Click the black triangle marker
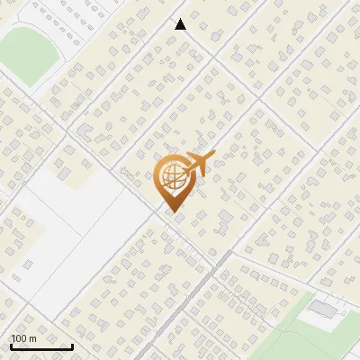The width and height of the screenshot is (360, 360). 180,24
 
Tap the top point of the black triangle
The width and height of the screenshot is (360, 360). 180,19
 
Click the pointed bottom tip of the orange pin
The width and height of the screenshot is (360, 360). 172,212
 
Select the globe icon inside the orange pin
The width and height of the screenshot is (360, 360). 172,177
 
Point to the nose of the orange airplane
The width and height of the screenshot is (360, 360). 212,156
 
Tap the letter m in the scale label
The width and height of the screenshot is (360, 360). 32,338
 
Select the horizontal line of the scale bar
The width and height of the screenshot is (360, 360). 40,346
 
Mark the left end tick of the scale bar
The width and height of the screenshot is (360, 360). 10,345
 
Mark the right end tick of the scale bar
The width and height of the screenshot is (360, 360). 72,345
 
